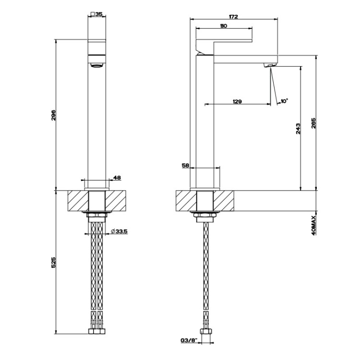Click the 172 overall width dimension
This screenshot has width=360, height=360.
point(233,16)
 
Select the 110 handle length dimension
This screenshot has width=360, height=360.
point(223,26)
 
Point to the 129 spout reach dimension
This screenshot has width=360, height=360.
point(237,101)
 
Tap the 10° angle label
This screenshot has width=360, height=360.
point(284,101)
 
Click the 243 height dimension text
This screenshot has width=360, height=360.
point(298,129)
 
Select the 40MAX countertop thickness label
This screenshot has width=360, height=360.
point(314,225)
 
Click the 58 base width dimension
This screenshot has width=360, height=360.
point(185,165)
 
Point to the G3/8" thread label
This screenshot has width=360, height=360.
point(189,341)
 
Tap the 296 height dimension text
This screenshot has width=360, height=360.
point(53,115)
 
